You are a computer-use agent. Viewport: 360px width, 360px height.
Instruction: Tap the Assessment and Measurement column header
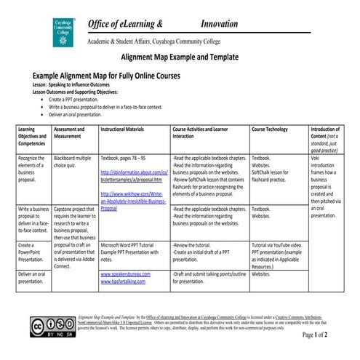(71, 132)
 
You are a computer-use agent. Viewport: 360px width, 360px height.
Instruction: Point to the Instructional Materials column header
(124, 128)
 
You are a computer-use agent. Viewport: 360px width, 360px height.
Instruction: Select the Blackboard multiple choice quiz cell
(73, 161)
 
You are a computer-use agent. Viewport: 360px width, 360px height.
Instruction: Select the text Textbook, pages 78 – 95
(124, 157)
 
